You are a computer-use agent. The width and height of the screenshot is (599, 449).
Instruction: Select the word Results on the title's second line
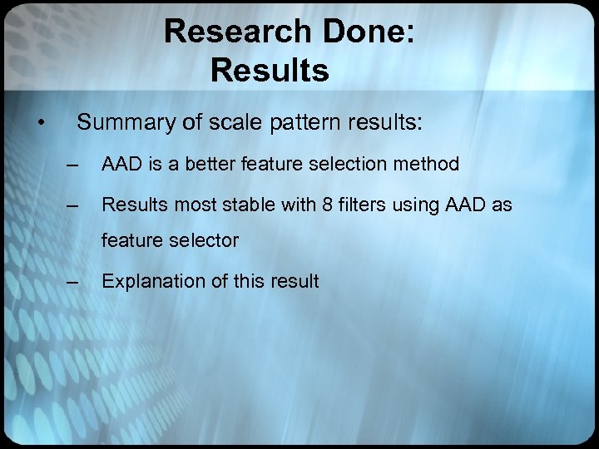coord(270,70)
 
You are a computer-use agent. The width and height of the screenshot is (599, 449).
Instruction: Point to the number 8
coord(324,204)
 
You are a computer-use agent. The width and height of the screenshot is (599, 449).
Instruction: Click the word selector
coord(205,241)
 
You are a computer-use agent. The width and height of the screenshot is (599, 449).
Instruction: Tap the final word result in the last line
coord(295,281)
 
